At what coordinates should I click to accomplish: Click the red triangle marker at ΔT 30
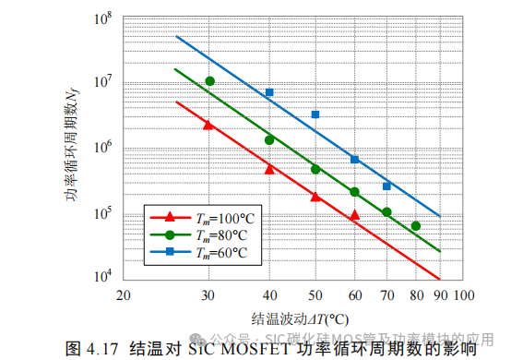tap(208, 125)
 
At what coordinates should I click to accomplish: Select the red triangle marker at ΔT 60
tap(354, 215)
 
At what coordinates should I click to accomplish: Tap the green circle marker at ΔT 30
tap(210, 81)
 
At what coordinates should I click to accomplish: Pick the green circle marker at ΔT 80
tap(416, 226)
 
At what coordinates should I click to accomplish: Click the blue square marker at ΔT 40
tap(269, 92)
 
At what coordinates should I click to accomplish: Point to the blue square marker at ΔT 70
tap(386, 186)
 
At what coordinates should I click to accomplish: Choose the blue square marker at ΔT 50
tap(315, 114)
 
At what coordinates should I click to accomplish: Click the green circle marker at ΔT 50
tap(315, 169)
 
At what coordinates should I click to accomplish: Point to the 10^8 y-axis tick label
tap(104, 18)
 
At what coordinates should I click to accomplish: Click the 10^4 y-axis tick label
tap(104, 278)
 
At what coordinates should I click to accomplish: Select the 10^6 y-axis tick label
tap(104, 148)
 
